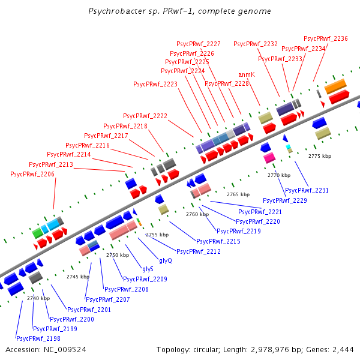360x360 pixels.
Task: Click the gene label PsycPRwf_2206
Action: click(32, 174)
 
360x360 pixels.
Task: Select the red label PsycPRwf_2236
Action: click(326, 38)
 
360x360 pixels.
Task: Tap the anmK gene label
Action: click(247, 74)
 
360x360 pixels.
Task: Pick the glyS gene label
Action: click(148, 269)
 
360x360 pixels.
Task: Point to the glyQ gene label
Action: click(165, 260)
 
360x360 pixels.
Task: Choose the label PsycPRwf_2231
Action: click(307, 190)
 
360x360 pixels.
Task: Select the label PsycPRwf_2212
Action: click(199, 251)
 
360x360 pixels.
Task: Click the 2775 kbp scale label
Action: click(320, 156)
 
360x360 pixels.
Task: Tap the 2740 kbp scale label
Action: click(38, 298)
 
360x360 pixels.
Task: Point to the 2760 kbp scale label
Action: click(197, 214)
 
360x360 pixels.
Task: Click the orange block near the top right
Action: click(335, 86)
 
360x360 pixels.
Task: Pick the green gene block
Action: click(38, 232)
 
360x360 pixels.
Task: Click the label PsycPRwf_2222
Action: click(145, 116)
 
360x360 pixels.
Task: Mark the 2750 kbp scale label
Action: click(118, 255)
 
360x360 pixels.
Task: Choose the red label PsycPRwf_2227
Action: click(198, 44)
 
